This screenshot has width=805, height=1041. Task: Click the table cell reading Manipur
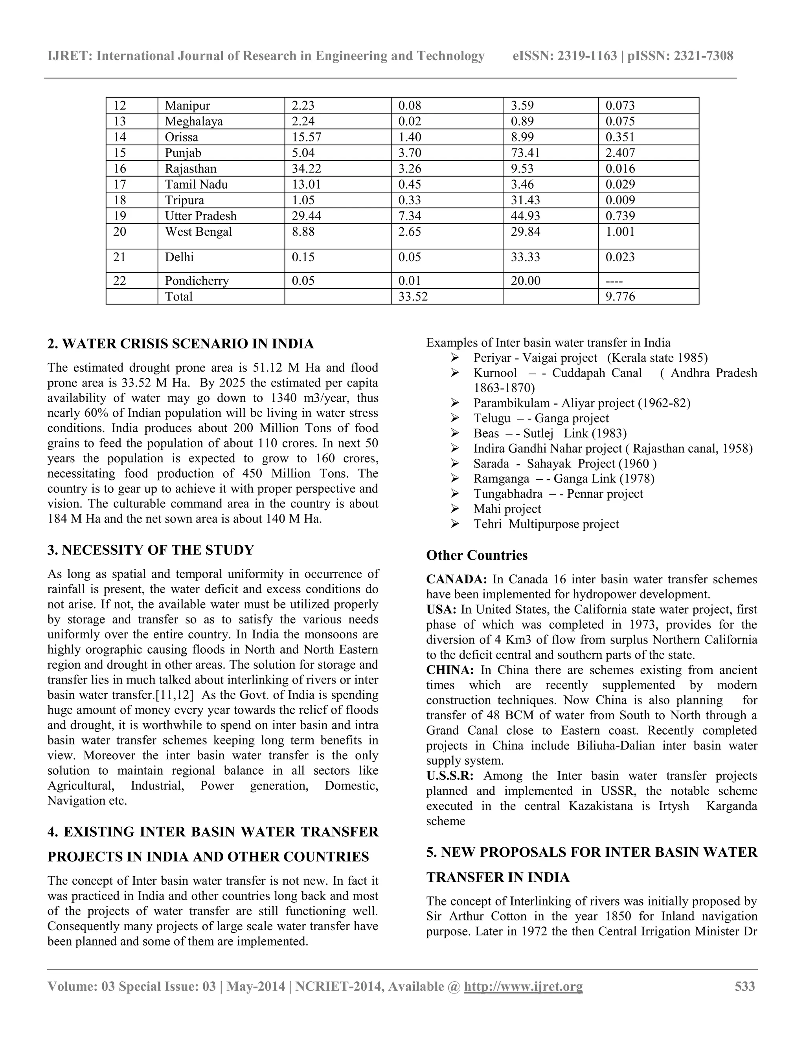pyautogui.click(x=187, y=105)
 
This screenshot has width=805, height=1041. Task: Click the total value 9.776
pyautogui.click(x=620, y=297)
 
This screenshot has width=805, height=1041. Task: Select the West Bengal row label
pyautogui.click(x=198, y=232)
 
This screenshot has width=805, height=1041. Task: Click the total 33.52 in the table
pyautogui.click(x=413, y=297)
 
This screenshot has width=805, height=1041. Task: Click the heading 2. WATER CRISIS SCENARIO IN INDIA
pyautogui.click(x=181, y=344)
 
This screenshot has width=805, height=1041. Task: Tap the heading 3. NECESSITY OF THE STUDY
pyautogui.click(x=151, y=550)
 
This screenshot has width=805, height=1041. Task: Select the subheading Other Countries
pyautogui.click(x=476, y=555)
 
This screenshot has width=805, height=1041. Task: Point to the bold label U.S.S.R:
pyautogui.click(x=450, y=776)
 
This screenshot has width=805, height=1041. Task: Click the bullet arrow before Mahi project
pyautogui.click(x=454, y=509)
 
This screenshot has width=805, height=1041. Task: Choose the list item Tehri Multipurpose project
pyautogui.click(x=546, y=524)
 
